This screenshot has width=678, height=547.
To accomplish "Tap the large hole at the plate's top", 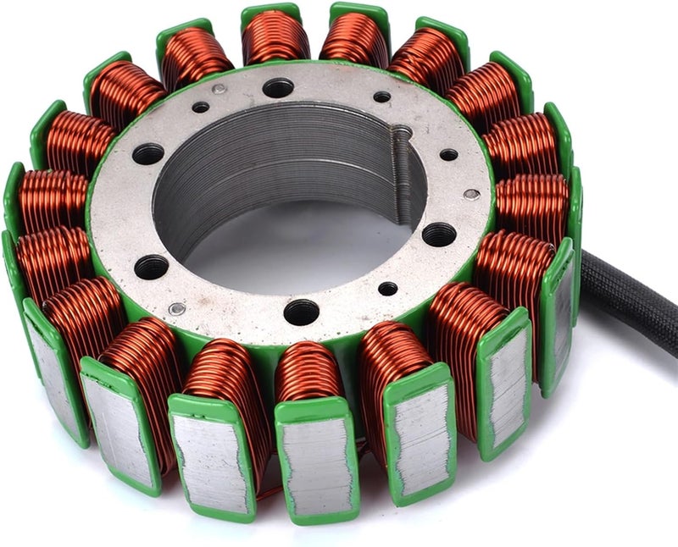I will (278, 88).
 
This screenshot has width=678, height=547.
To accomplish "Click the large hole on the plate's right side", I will (438, 235).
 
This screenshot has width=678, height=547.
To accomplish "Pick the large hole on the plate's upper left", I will (148, 153).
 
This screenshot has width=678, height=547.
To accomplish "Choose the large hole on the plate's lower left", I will (151, 267).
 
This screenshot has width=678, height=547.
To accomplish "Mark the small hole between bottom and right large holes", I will (387, 289).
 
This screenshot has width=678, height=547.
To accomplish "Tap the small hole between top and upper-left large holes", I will (201, 108).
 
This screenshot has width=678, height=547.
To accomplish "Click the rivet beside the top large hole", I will (220, 89).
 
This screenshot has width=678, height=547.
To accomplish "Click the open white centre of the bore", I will (288, 254).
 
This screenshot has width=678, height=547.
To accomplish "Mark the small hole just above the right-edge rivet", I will (448, 155).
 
